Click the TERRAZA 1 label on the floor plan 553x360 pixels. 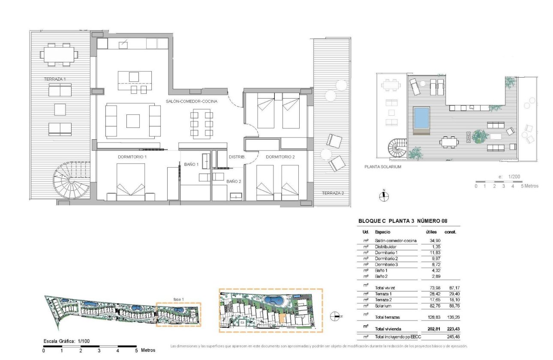[x=55, y=79]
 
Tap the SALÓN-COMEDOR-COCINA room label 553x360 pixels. [x=192, y=102]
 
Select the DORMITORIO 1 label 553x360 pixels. [x=132, y=157]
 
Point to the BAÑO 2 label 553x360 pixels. [x=234, y=181]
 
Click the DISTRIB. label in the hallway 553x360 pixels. [x=236, y=157]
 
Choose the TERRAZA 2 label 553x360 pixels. [x=333, y=193]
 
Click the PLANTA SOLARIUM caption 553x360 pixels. [x=382, y=167]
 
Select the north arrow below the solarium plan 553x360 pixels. [x=384, y=196]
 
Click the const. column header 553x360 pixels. [x=450, y=232]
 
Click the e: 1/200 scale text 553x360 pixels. [x=507, y=177]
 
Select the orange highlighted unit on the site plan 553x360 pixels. [x=282, y=318]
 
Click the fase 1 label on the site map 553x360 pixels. [x=178, y=299]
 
